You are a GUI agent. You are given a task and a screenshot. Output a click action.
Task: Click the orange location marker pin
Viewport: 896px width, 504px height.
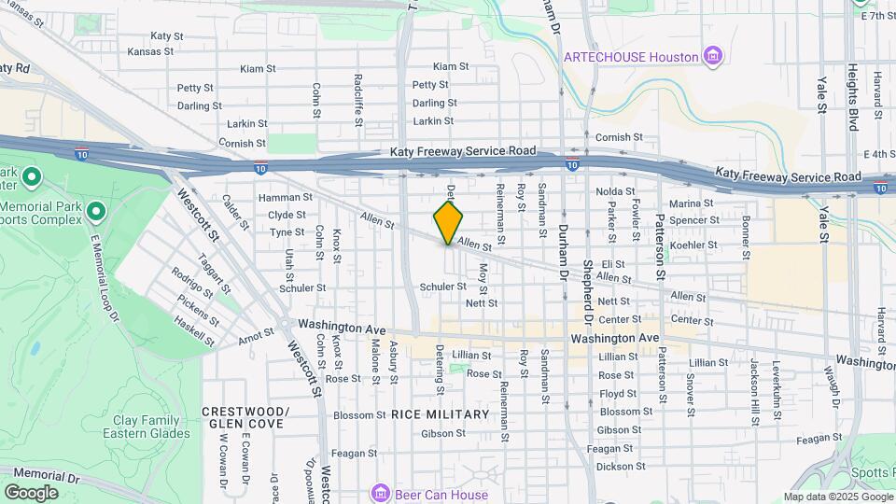[x=448, y=222]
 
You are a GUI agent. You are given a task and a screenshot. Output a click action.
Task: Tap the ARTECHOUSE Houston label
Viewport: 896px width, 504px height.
[x=631, y=57]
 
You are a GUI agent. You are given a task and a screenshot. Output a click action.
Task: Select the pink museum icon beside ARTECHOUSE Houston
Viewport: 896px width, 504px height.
[x=714, y=57]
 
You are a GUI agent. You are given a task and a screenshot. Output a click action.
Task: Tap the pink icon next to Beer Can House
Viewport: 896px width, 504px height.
[x=379, y=492]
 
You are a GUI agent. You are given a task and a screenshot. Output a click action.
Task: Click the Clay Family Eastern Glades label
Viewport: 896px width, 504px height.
[x=151, y=427]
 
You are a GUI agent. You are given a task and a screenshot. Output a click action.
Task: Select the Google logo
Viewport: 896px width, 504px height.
[x=31, y=493]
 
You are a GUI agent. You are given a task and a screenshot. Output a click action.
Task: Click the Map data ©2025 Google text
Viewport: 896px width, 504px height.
[x=837, y=497]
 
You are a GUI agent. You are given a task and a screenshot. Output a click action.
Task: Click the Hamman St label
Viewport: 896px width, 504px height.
[x=285, y=198]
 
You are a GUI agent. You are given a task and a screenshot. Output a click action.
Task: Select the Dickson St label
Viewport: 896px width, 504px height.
[x=622, y=466]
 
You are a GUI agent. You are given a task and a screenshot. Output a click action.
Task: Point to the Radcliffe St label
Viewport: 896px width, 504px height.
[x=357, y=98]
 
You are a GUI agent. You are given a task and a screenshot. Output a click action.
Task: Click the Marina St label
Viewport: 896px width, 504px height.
[x=692, y=203]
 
